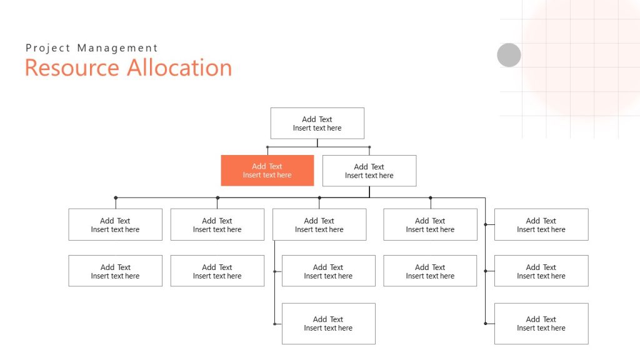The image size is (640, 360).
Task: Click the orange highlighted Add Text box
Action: (x=267, y=171)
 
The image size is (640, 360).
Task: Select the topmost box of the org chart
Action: (x=317, y=123)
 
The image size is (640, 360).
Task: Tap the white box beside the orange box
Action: (x=369, y=171)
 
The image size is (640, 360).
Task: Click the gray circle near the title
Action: (x=509, y=55)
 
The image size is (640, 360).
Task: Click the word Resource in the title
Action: (x=71, y=67)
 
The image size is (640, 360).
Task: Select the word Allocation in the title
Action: (x=179, y=67)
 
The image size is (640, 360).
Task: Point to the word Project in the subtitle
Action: (x=48, y=48)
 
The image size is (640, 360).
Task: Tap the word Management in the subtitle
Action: (x=117, y=48)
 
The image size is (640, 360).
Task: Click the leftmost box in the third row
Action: (x=115, y=224)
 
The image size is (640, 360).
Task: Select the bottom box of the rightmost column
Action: (x=541, y=323)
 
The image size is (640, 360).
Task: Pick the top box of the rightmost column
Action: (x=541, y=224)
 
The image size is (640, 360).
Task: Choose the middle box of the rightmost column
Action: (x=541, y=271)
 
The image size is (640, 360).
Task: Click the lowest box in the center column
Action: (x=328, y=323)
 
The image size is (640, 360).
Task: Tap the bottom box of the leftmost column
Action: (x=115, y=271)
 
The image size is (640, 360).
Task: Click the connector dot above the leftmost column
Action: (x=116, y=197)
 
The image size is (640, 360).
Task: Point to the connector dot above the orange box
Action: (x=267, y=147)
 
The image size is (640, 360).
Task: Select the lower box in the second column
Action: (x=217, y=271)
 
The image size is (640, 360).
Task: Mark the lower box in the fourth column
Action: (x=430, y=271)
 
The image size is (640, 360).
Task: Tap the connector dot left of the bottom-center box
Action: (x=274, y=324)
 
